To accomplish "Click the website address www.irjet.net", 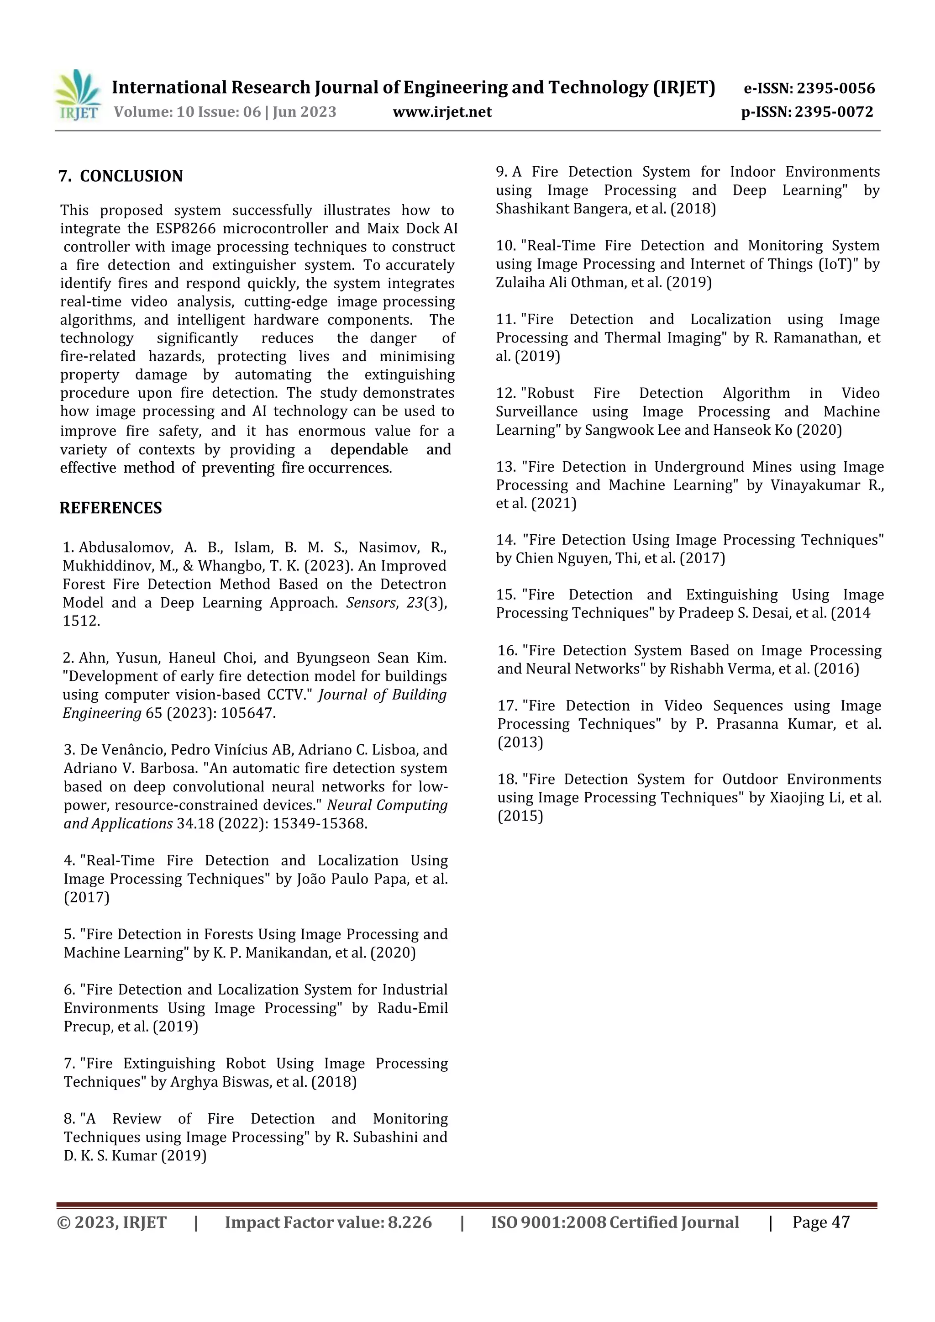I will [x=442, y=112].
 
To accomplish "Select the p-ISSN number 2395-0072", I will [x=834, y=112].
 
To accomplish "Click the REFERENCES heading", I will [x=110, y=508].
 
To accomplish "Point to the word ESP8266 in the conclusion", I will [x=185, y=229].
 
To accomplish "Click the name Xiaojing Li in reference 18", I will [x=798, y=798].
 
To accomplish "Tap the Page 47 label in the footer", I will [x=820, y=1222].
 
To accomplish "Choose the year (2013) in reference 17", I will [x=520, y=743].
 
